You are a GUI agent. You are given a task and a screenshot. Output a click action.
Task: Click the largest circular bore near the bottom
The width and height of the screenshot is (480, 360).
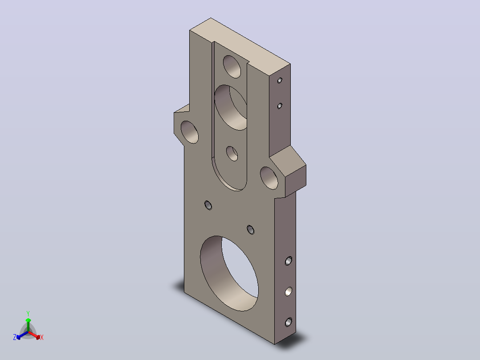tap(229, 273)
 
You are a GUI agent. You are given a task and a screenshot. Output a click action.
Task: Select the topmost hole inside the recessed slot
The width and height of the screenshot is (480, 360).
tap(232, 66)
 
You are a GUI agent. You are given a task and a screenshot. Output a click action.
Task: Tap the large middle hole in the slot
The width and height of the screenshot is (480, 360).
tap(231, 107)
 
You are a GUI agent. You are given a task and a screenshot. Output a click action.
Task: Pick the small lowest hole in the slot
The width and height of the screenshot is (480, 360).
tap(232, 154)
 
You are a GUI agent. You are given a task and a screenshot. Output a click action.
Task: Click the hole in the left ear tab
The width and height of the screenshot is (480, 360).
tap(190, 132)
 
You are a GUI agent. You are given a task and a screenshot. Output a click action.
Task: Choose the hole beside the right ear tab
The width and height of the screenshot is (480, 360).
tap(269, 178)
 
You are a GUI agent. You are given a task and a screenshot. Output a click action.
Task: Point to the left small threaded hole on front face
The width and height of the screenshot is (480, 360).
tap(208, 205)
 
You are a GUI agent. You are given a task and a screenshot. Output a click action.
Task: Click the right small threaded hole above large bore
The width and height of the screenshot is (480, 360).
tap(250, 229)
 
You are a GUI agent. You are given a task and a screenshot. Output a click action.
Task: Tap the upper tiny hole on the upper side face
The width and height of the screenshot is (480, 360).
tap(280, 80)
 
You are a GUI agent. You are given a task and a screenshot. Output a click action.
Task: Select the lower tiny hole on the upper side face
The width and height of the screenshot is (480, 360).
tap(280, 106)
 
